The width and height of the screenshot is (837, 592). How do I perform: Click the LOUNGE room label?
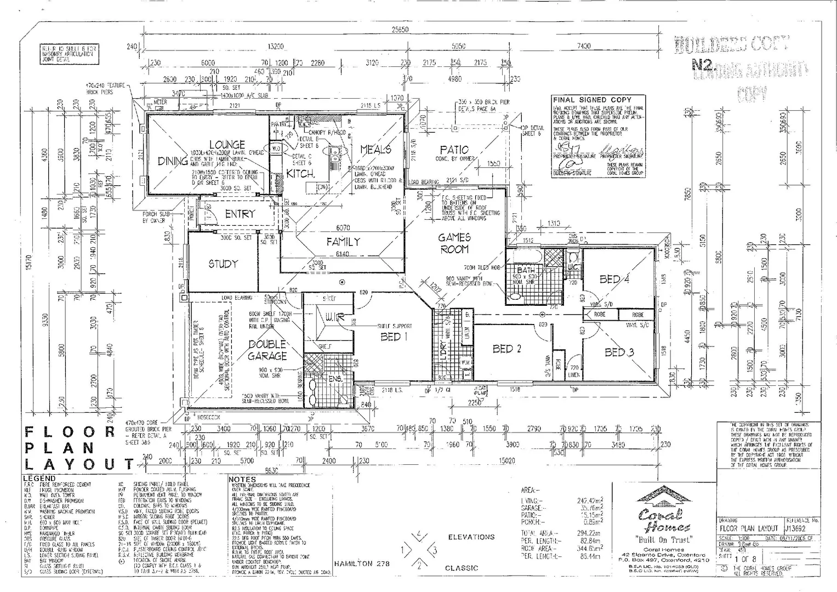tap(226, 145)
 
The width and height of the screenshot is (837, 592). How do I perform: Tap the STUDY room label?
tap(223, 264)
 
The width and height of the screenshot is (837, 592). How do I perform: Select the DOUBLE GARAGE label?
tap(267, 349)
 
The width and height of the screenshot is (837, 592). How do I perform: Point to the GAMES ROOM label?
tap(454, 243)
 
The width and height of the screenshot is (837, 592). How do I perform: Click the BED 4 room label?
tap(614, 279)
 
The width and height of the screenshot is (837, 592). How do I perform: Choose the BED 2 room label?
tap(506, 349)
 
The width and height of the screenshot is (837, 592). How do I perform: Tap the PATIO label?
tap(454, 150)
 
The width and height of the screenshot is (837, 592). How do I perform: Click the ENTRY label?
tap(240, 214)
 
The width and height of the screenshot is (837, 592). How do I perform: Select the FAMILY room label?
tap(343, 241)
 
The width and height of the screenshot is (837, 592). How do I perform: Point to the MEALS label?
tap(375, 149)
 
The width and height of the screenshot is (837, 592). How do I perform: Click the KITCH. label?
tap(300, 174)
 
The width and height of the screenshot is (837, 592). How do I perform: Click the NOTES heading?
tap(242, 479)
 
